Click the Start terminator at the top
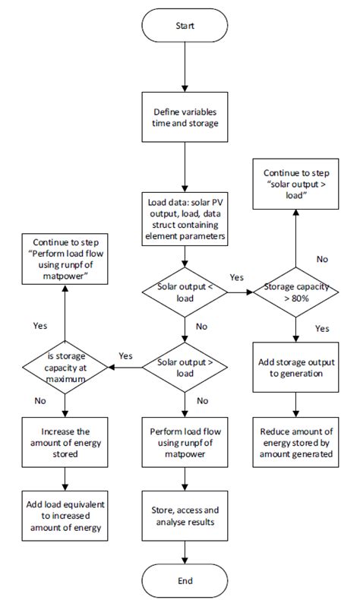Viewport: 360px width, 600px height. point(185,26)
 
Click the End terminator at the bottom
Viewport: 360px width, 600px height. point(185,580)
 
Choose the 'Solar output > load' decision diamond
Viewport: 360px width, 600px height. point(185,367)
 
